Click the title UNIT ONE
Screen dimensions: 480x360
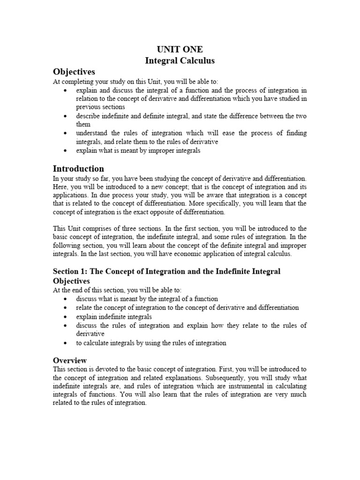(180, 50)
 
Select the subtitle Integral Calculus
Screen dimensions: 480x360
(180, 60)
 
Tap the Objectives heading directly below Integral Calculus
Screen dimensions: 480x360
(74, 72)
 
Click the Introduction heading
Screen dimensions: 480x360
(78, 169)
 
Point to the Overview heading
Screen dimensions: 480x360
(70, 360)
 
